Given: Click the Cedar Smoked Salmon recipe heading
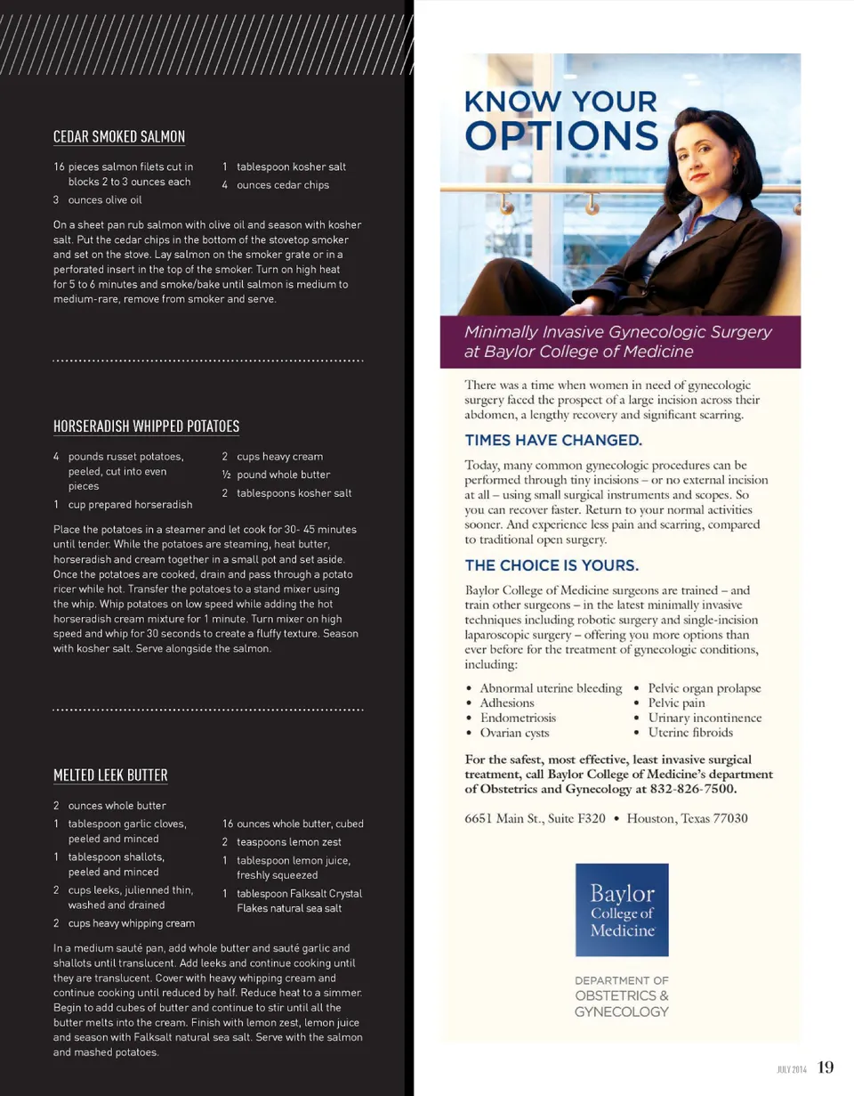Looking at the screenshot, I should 119,136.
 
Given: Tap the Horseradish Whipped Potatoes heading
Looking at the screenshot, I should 146,426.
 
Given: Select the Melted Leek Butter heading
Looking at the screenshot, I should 110,775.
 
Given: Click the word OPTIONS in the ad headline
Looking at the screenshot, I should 562,136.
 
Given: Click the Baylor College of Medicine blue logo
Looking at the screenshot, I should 622,910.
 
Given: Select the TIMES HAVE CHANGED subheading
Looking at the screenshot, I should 552,440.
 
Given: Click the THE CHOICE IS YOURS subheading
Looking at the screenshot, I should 552,565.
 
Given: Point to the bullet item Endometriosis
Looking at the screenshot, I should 518,718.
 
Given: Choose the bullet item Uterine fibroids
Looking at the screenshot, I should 690,733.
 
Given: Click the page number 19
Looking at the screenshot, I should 826,1068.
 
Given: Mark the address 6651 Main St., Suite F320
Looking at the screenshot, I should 536,818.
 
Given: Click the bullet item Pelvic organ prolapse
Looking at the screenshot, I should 705,688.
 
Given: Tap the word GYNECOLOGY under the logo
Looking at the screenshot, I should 621,1012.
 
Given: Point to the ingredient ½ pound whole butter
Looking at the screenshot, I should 283,475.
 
